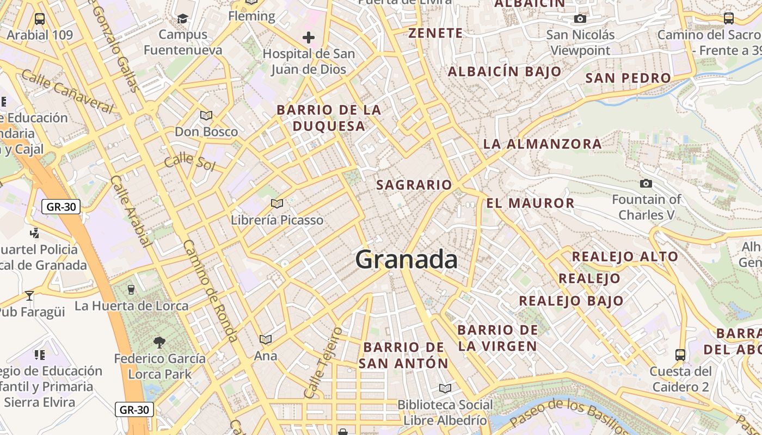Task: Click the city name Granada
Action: (x=406, y=260)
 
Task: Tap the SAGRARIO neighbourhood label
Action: (x=414, y=185)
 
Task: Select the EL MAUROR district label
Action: (x=530, y=203)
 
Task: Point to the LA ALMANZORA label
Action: (x=542, y=144)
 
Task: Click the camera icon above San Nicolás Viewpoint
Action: (x=580, y=19)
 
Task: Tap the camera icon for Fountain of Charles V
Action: (x=646, y=184)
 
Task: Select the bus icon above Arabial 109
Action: (x=40, y=19)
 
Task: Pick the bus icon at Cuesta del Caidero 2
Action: (x=680, y=355)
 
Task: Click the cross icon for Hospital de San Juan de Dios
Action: (x=309, y=38)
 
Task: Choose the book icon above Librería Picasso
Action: (x=277, y=203)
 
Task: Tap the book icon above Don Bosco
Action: (x=206, y=115)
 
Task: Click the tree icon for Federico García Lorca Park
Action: (x=159, y=342)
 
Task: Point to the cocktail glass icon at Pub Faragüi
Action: (x=29, y=296)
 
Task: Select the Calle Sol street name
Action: (x=189, y=161)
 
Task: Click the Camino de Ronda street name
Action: (x=210, y=290)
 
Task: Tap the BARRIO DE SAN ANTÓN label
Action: (x=403, y=355)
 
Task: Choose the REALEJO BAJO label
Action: (x=570, y=301)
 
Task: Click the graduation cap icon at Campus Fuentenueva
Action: (x=182, y=19)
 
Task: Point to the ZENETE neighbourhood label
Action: (x=435, y=33)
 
